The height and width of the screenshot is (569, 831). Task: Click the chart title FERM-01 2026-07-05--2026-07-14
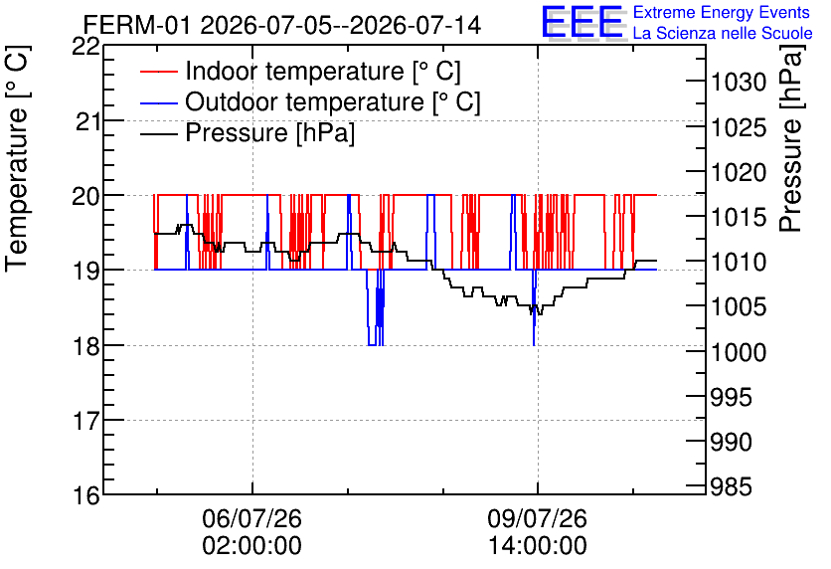282,25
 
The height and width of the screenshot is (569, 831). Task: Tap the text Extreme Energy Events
722,12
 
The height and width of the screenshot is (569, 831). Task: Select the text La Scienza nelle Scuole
723,34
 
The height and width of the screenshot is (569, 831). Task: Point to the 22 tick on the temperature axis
85,46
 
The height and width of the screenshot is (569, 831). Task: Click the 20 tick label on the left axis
85,196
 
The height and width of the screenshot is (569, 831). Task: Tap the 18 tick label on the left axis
85,346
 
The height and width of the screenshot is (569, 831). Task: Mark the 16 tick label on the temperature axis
85,496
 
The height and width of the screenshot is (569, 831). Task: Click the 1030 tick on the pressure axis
739,83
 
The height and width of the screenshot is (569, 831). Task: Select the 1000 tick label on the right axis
739,352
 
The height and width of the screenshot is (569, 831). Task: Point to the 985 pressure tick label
732,486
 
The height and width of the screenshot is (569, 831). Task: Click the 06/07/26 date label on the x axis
251,518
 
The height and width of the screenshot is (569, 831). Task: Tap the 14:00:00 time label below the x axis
538,546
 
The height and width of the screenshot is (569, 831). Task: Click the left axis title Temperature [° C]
17,159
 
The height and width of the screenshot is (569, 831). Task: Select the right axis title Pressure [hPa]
792,138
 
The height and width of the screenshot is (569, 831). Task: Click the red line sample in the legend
158,72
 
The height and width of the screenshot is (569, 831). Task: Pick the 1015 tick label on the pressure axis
739,217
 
